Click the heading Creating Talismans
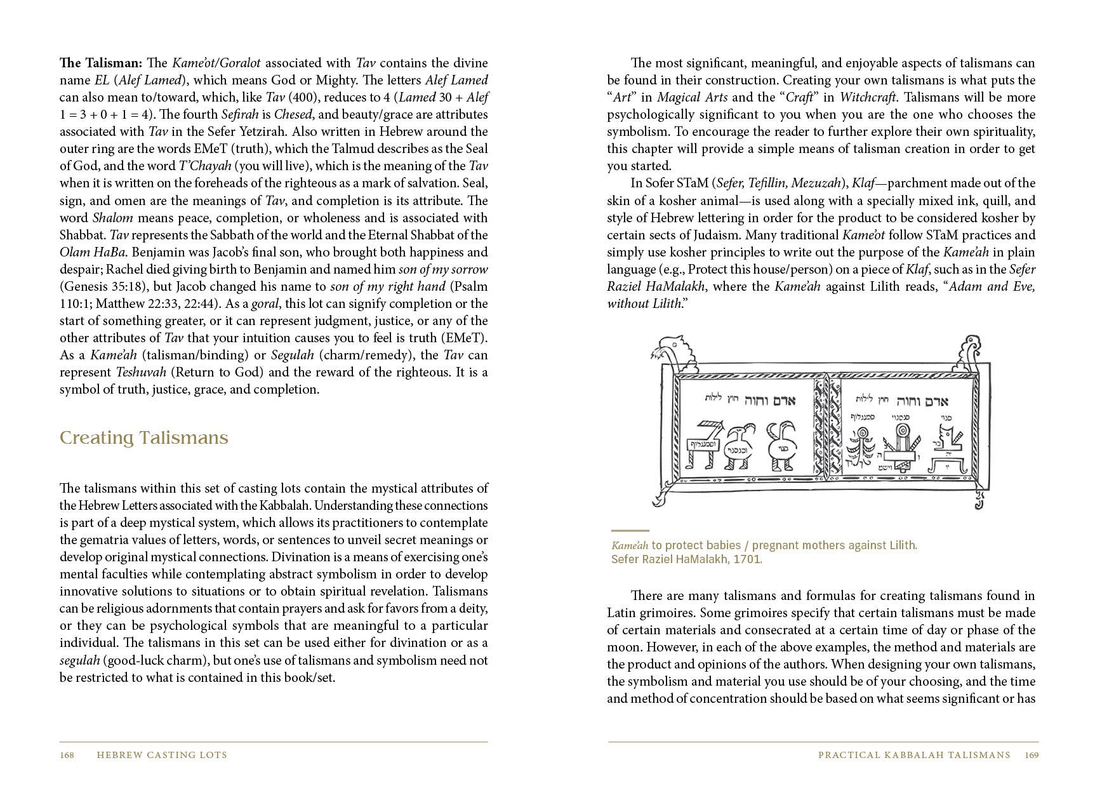(x=143, y=438)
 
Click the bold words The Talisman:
(x=102, y=63)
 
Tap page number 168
(x=67, y=755)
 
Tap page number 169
(x=1032, y=755)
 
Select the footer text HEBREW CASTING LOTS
(x=161, y=755)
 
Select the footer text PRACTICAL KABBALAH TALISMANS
(x=913, y=755)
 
